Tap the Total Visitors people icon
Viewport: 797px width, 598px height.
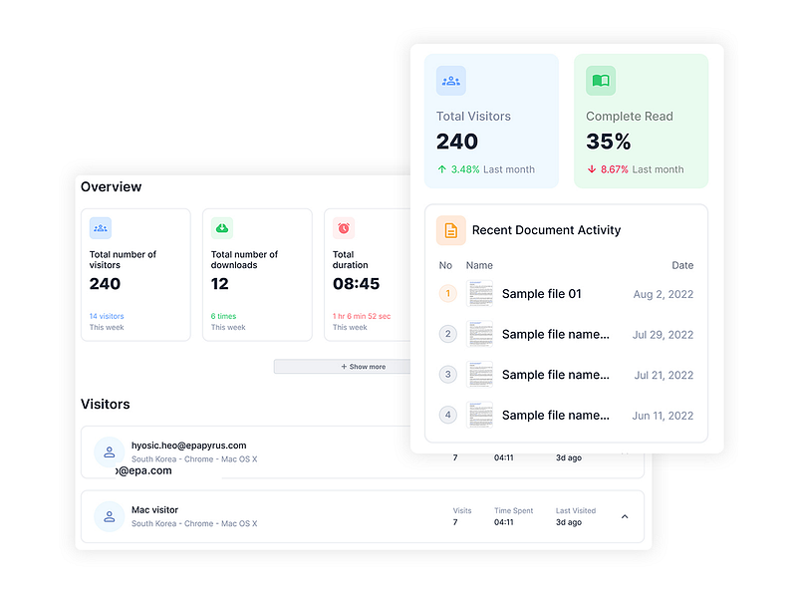tap(451, 81)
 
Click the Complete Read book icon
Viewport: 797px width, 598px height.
tap(601, 81)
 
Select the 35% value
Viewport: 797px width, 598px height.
tap(609, 142)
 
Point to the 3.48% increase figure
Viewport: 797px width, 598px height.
tap(465, 169)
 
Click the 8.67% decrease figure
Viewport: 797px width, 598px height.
tap(615, 169)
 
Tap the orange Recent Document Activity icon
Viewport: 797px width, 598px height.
tap(451, 230)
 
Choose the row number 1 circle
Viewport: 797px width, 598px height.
tap(448, 293)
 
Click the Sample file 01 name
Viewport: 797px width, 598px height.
tap(541, 294)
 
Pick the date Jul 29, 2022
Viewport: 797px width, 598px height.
tap(663, 335)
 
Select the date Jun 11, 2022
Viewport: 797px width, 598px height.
tap(663, 416)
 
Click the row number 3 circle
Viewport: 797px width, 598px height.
tap(448, 375)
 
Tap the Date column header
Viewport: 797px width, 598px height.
tap(682, 266)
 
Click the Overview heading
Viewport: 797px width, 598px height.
tap(112, 186)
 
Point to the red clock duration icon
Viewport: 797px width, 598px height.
tap(344, 228)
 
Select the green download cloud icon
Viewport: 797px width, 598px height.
tap(222, 228)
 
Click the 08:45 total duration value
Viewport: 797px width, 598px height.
tap(356, 284)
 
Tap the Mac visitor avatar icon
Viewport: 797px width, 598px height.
tap(110, 516)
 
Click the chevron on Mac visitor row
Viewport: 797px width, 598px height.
tap(625, 516)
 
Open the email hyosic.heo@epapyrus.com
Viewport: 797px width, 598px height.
tap(188, 446)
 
